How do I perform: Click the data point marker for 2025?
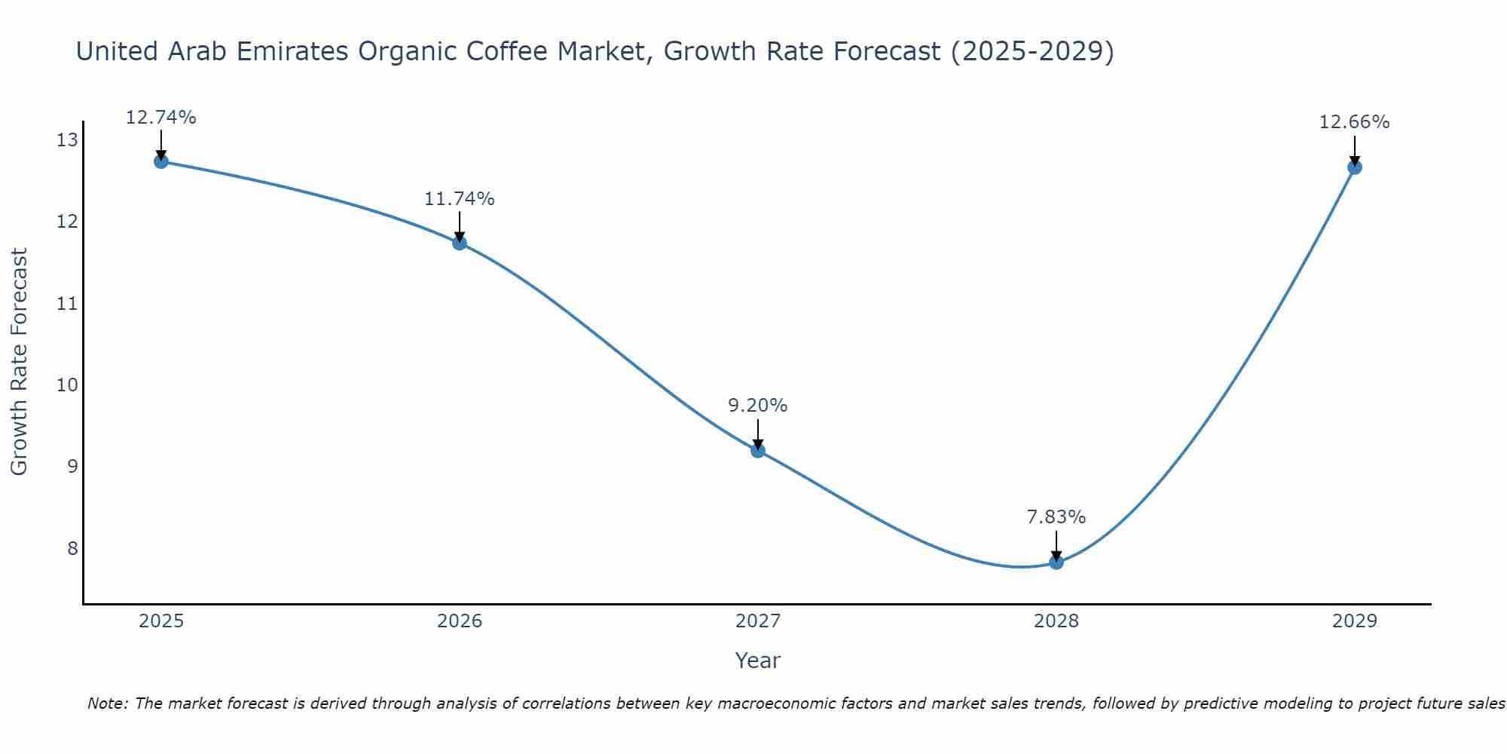[161, 161]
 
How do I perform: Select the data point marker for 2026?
[460, 243]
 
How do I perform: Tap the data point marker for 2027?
[758, 451]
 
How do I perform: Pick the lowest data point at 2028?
[1056, 562]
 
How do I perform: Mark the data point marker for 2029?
[1355, 167]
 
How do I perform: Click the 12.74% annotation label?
[161, 118]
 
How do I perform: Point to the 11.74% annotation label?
[460, 199]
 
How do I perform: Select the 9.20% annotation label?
[758, 406]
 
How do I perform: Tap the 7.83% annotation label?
[1056, 517]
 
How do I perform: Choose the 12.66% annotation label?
[1355, 122]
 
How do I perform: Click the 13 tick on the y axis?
[67, 140]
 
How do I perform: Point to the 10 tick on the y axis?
[67, 385]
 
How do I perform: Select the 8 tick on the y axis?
[72, 548]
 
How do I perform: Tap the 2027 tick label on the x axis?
[758, 621]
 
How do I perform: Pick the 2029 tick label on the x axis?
[1355, 621]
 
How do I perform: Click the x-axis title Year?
[758, 661]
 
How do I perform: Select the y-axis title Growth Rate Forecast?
[20, 362]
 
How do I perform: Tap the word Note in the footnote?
[109, 703]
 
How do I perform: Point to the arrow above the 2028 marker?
[1056, 544]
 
